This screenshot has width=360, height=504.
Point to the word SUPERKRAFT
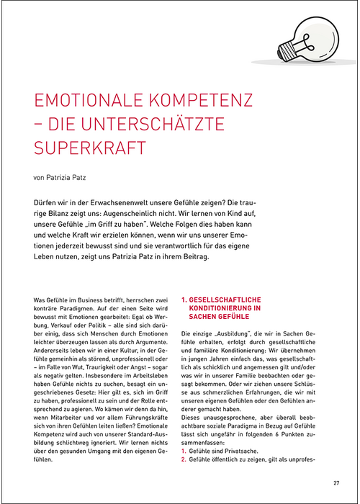tap(90, 147)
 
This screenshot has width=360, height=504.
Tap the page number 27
tap(336, 483)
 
